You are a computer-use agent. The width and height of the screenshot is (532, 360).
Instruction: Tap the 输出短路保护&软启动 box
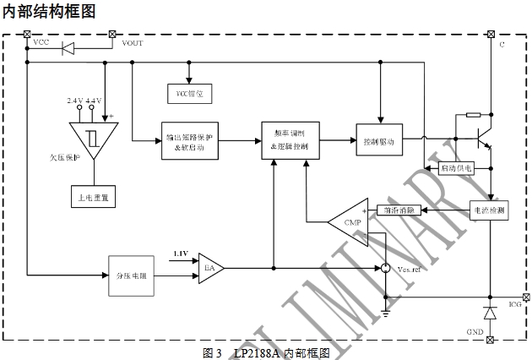tap(189, 141)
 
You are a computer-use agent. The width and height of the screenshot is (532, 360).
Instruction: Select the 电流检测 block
tap(489, 210)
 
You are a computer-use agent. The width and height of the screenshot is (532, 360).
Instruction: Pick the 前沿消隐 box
tap(398, 210)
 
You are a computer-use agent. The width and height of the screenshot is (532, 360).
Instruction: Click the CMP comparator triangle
tap(350, 222)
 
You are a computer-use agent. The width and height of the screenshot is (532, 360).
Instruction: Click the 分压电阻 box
tap(131, 275)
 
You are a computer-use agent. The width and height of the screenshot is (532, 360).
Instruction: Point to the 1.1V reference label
tap(181, 253)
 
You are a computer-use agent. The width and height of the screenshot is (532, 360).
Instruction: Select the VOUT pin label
tap(133, 42)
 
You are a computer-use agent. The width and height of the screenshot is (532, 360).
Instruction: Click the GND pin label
tap(475, 332)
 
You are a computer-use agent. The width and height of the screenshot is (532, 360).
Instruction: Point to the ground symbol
tap(386, 313)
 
